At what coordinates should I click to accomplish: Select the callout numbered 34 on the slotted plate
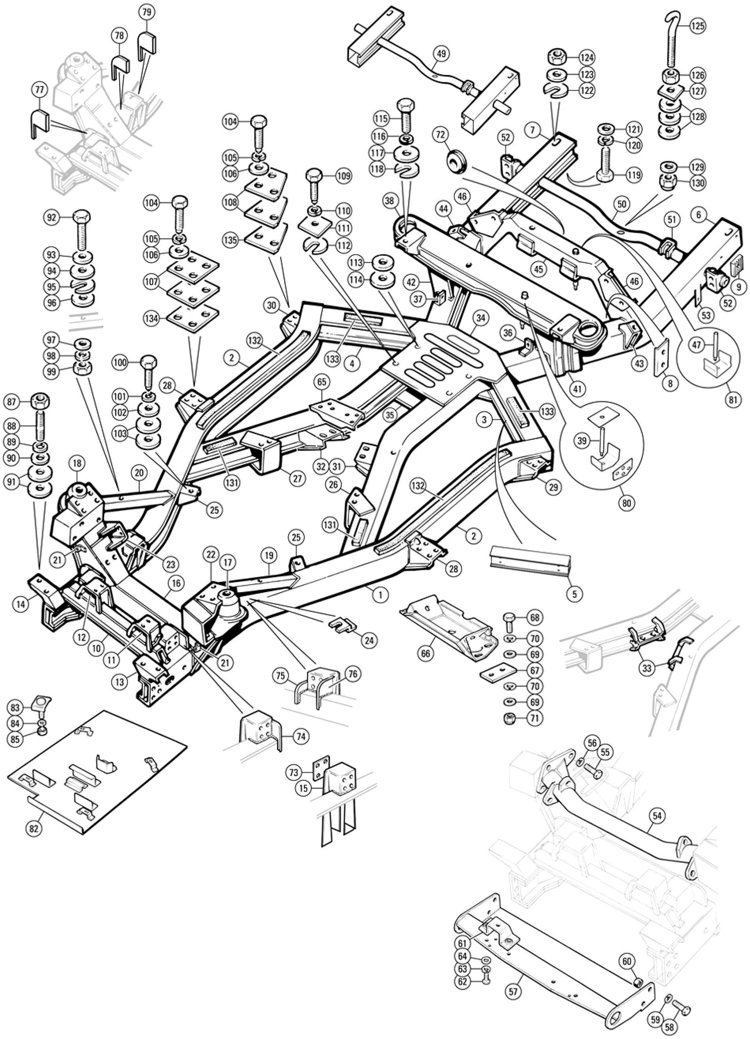tap(482, 319)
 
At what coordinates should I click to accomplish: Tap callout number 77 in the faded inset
tap(40, 90)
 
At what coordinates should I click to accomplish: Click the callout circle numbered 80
tap(627, 504)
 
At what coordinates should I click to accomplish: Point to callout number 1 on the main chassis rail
tap(380, 595)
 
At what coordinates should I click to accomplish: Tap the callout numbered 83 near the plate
tap(16, 708)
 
